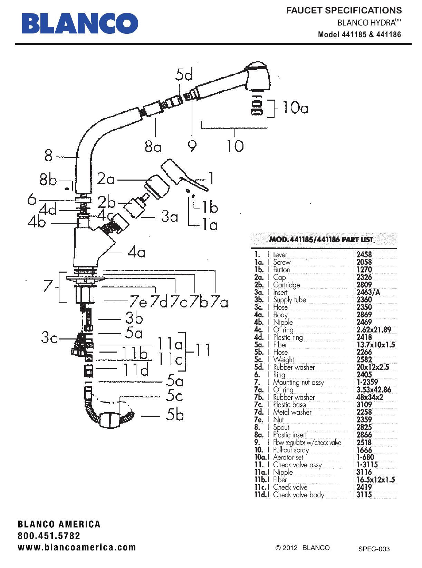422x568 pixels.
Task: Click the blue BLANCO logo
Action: click(x=80, y=23)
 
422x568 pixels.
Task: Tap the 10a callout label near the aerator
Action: click(x=295, y=108)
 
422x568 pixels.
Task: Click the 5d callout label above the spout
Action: click(x=184, y=75)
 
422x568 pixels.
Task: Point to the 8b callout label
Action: click(x=48, y=180)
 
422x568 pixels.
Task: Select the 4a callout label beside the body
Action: click(x=137, y=253)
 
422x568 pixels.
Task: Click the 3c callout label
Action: click(x=49, y=338)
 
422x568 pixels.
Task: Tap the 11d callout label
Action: click(x=136, y=369)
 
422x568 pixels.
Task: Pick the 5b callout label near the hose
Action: click(x=175, y=415)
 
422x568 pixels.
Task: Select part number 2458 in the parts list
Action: click(x=364, y=255)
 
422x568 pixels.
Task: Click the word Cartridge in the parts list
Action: click(x=286, y=285)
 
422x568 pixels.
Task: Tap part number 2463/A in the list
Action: click(x=368, y=292)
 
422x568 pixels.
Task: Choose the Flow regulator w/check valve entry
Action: click(x=307, y=443)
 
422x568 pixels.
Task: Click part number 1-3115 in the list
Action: click(x=367, y=465)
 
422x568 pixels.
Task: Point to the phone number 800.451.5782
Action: click(x=49, y=536)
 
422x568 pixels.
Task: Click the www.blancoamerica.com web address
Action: click(x=77, y=547)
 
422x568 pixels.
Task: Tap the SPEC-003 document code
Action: click(x=374, y=549)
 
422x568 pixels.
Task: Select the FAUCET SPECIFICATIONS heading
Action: click(x=344, y=10)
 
